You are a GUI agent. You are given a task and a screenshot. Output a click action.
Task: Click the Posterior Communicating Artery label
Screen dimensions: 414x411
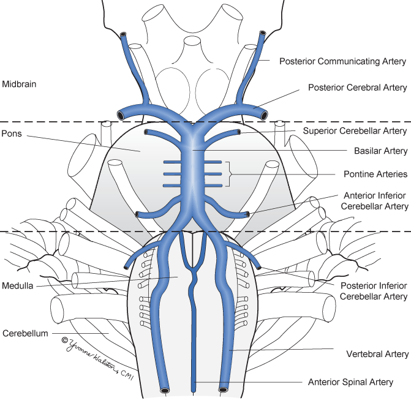tap(342, 61)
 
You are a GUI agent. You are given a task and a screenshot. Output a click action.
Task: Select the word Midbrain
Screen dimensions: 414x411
tap(20, 83)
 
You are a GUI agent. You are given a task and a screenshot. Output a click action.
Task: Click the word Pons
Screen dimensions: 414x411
tap(12, 132)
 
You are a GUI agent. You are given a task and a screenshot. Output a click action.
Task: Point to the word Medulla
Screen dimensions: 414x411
tap(18, 285)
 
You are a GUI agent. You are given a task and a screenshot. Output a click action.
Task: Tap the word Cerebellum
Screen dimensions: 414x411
tap(24, 334)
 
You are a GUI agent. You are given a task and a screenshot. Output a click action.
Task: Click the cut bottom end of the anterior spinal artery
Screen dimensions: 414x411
tap(194, 387)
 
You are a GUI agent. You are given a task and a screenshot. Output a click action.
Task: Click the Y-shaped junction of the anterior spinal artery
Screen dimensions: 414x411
tap(194, 268)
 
